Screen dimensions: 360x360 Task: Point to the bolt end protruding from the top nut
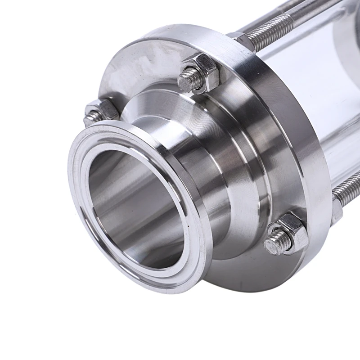[188, 80]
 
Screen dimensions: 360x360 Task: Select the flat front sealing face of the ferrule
[85, 148]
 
